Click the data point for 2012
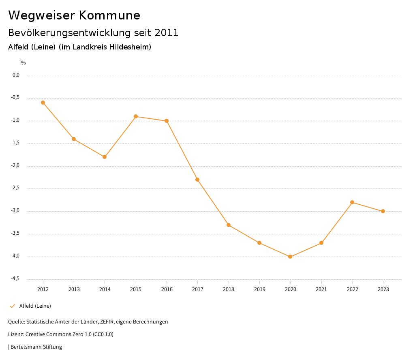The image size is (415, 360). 43,103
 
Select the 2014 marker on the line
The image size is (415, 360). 105,157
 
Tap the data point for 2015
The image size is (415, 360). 136,116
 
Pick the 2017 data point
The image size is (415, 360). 197,180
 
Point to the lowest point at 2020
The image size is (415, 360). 290,257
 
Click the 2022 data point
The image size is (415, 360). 352,202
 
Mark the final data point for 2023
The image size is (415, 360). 383,211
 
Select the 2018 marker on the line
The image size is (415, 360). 229,225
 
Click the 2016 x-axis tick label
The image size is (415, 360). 167,289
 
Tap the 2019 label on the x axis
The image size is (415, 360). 259,289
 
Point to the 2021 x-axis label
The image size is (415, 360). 321,289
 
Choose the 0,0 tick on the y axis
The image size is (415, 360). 16,75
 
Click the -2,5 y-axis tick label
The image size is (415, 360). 15,188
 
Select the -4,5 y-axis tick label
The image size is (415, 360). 15,279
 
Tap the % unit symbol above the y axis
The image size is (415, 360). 24,63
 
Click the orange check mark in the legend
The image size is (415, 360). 12,306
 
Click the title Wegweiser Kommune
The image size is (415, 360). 74,15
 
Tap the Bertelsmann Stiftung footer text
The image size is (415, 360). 36,347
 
